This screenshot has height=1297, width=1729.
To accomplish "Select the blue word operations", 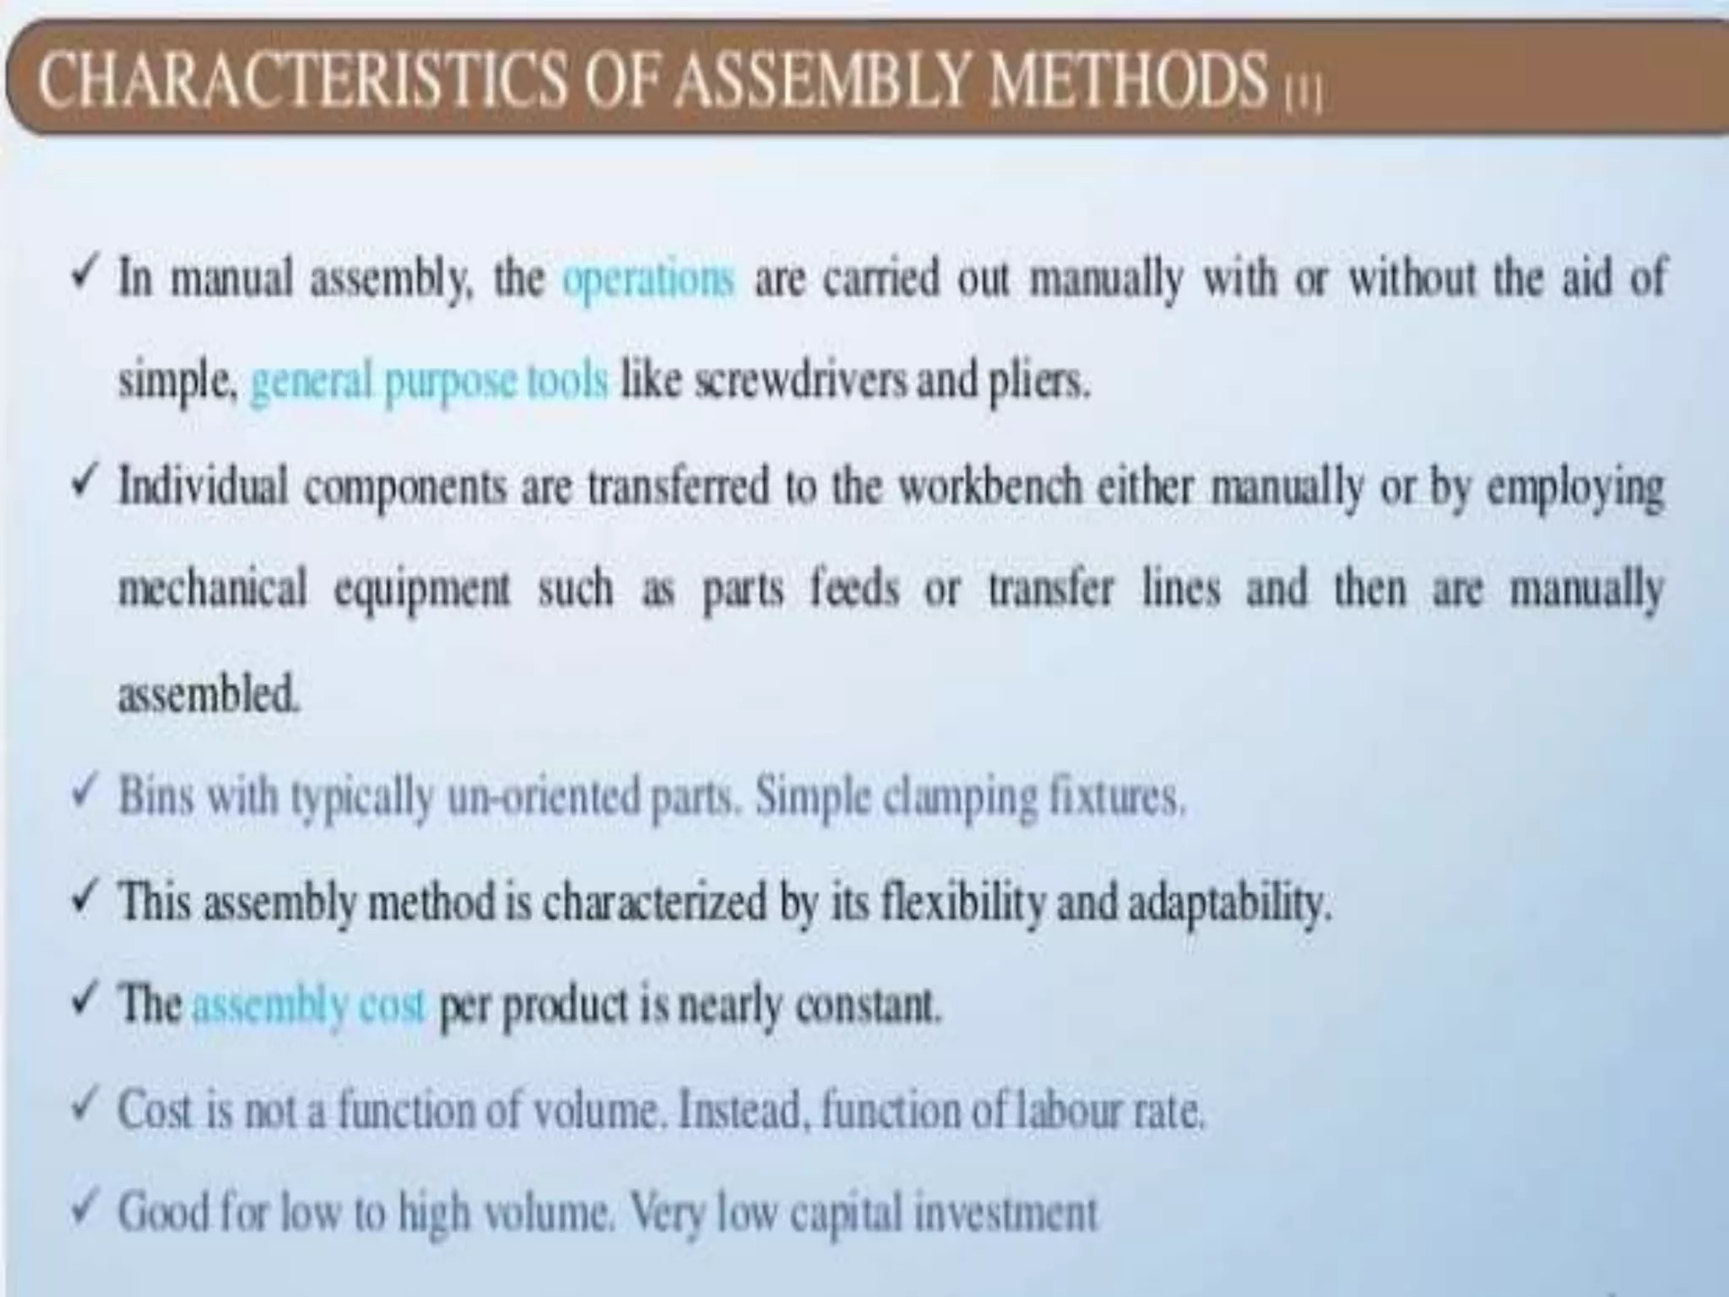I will [648, 279].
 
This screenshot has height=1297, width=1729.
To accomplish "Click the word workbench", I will [989, 487].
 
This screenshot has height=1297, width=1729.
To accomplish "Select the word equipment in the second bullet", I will [422, 590].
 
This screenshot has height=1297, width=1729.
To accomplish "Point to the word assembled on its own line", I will [208, 695].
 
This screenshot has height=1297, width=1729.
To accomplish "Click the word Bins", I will [156, 796].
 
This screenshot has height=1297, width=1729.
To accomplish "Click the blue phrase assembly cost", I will [308, 1006].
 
